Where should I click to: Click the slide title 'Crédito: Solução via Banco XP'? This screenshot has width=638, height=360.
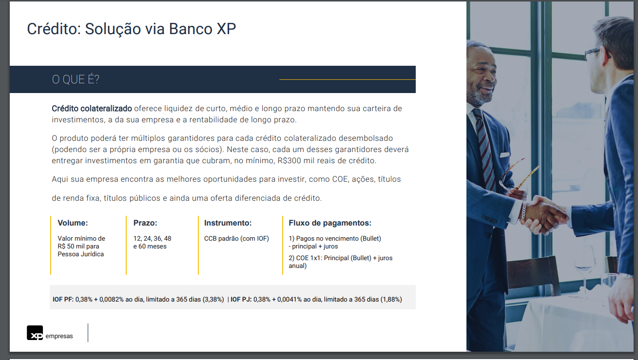(131, 29)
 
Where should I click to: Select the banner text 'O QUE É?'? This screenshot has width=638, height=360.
(76, 79)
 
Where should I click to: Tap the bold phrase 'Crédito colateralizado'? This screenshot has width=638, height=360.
(92, 109)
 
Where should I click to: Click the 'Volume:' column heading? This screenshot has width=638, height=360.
(73, 223)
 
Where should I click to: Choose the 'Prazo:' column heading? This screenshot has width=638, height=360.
(145, 223)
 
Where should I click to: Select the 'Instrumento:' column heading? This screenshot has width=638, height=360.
(228, 223)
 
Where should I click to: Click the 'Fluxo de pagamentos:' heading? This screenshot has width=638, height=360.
(330, 223)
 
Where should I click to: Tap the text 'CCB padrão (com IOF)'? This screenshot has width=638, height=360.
(236, 239)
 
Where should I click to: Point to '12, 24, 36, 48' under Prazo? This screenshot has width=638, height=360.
(153, 239)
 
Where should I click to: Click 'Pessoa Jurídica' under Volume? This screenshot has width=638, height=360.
(80, 254)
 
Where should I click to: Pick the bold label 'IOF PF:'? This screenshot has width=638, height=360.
(63, 300)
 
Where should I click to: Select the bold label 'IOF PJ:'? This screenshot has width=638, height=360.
(241, 300)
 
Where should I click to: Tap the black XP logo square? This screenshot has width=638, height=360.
(35, 333)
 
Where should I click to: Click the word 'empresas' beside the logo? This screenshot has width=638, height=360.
(59, 336)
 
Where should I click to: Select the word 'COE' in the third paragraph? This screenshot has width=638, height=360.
(340, 179)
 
